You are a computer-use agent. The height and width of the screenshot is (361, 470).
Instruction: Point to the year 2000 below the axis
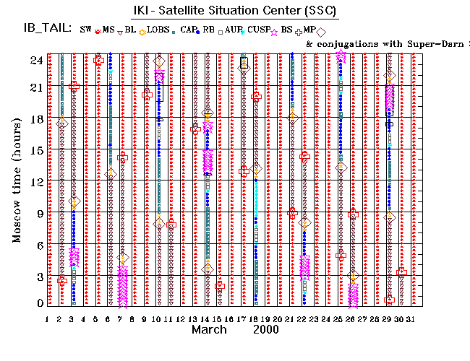pos(266,330)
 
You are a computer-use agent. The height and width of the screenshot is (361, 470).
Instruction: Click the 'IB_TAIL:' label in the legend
pos(45,29)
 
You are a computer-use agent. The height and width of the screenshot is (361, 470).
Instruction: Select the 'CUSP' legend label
pos(259,30)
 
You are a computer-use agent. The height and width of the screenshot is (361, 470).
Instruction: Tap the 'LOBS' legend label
pos(167,30)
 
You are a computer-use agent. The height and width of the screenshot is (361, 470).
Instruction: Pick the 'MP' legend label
pos(309,30)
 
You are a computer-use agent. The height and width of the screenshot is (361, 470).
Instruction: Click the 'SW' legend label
pos(86,30)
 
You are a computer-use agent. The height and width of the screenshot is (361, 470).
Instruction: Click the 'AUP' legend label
pos(232,30)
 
